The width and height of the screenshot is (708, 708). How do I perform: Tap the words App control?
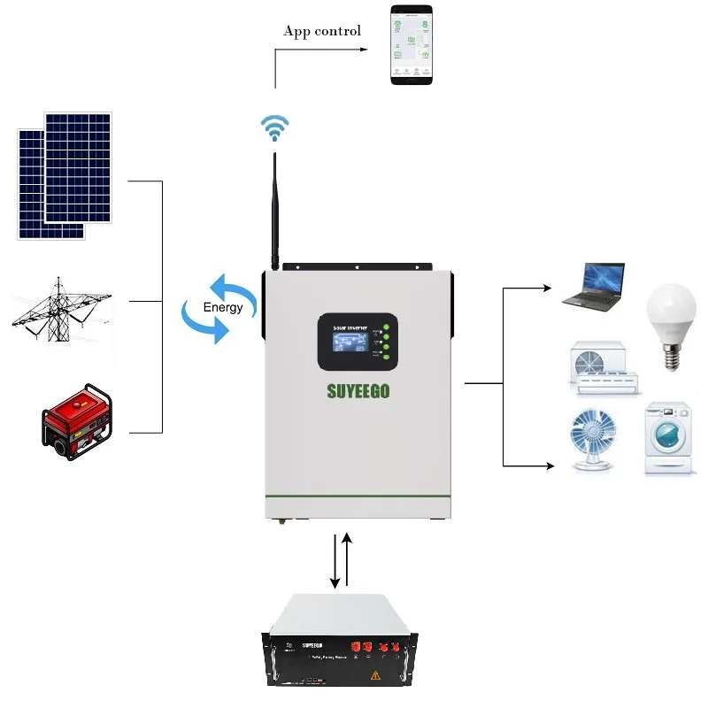[x=322, y=31]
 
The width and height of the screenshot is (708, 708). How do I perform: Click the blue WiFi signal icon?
[x=274, y=127]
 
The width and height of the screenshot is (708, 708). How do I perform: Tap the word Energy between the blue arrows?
[x=222, y=308]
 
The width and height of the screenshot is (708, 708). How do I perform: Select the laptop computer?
[x=594, y=285]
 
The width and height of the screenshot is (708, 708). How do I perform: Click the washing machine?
[x=669, y=440]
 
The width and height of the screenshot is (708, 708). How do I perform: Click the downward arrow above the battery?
[x=335, y=561]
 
